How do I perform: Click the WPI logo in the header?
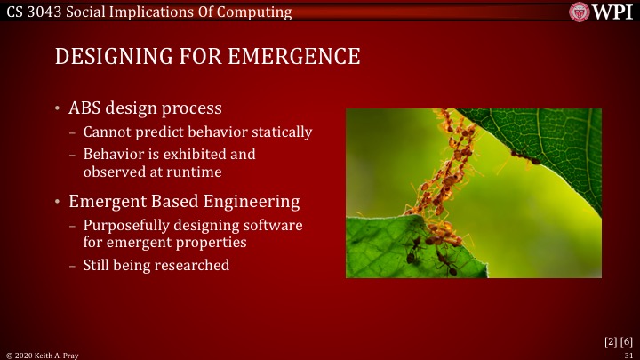tap(601, 12)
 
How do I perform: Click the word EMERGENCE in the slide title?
tap(293, 56)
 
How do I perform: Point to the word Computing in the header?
tap(258, 12)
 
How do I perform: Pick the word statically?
tap(280, 132)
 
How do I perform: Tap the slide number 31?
tap(628, 354)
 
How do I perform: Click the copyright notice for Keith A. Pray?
tap(44, 354)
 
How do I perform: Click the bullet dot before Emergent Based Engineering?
tap(59, 202)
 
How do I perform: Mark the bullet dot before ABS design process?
tap(59, 109)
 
